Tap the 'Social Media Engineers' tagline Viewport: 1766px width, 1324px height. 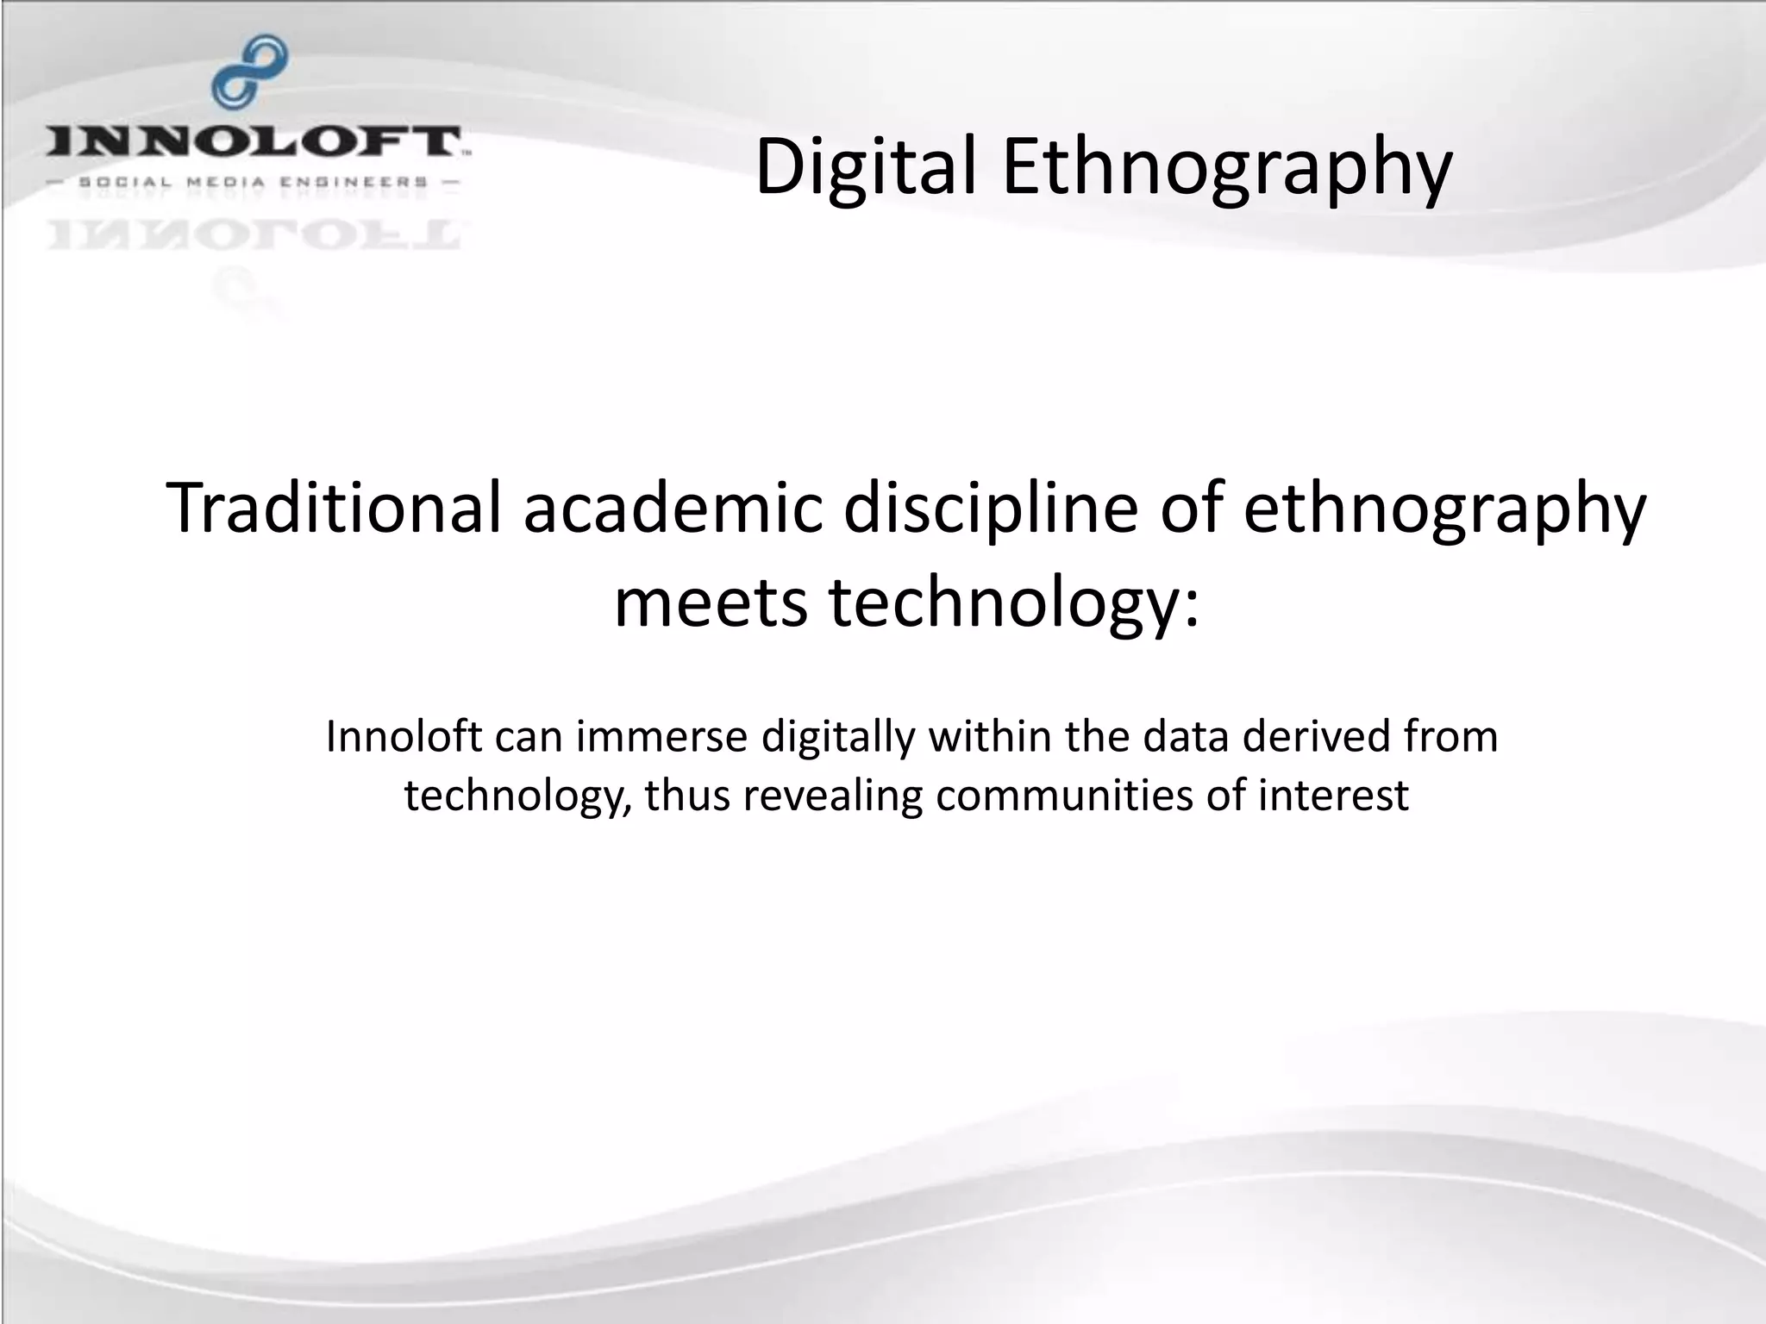[254, 182]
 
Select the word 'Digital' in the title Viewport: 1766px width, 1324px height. [866, 166]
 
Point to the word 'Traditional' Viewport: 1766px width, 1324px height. [334, 509]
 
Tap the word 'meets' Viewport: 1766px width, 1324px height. [711, 602]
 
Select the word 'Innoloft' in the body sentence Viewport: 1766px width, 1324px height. [404, 737]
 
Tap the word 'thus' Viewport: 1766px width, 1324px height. [686, 796]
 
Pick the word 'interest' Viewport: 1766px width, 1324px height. [1333, 796]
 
